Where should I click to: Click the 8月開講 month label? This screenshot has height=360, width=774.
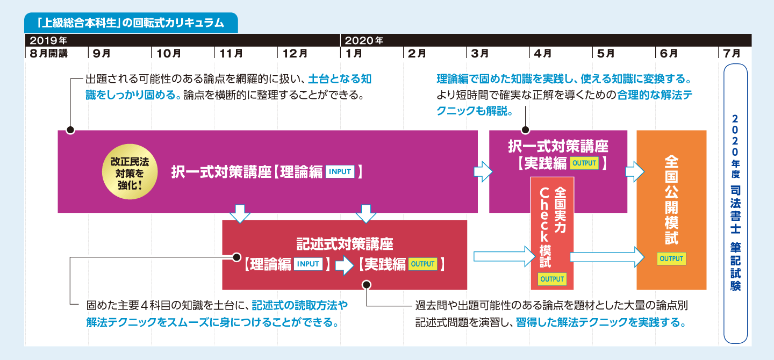(x=48, y=53)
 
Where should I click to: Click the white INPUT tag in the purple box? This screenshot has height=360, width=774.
(x=340, y=172)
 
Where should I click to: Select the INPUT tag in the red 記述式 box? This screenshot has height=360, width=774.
(x=309, y=264)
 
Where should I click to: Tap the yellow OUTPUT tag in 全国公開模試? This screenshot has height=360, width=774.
(x=671, y=258)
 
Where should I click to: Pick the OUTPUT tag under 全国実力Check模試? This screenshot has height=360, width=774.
(x=552, y=279)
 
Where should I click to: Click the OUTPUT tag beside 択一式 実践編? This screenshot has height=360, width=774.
(x=584, y=163)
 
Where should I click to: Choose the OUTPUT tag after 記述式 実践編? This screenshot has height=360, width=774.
(x=422, y=264)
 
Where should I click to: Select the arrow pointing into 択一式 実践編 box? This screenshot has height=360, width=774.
(x=483, y=172)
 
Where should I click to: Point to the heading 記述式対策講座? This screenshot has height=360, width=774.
(x=345, y=244)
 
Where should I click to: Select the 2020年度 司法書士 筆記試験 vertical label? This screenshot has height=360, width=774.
(x=735, y=203)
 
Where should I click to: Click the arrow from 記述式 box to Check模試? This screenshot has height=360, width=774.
(x=500, y=256)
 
